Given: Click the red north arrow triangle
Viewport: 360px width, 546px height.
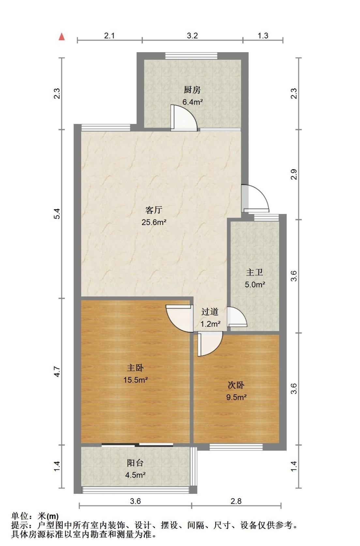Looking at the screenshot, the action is point(62,37).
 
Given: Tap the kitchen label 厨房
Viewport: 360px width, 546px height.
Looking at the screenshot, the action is point(192,90).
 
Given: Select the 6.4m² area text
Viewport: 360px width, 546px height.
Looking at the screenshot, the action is point(192,102).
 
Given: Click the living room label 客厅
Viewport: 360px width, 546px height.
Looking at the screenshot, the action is point(154,210).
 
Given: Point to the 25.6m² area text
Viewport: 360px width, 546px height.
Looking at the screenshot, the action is point(154,222).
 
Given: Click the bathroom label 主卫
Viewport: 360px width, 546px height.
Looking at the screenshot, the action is point(255,272).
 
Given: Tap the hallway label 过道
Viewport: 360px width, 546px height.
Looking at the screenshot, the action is point(210,311).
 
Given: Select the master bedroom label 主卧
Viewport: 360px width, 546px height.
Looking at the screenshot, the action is point(135,368).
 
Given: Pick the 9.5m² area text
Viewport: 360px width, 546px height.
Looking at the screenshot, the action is point(236,397).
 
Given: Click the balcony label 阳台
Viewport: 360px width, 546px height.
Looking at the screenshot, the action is point(135,463).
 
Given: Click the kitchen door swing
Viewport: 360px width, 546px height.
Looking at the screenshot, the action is point(184,118).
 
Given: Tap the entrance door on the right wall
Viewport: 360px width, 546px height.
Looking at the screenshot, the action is point(255,199).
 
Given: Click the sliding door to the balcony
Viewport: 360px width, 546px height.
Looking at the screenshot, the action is point(137,445).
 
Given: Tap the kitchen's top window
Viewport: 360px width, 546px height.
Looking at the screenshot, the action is point(191,56).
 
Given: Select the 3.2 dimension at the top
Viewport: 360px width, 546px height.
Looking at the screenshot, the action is point(192,36).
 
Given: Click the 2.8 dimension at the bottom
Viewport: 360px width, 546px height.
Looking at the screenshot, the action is point(236,501).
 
